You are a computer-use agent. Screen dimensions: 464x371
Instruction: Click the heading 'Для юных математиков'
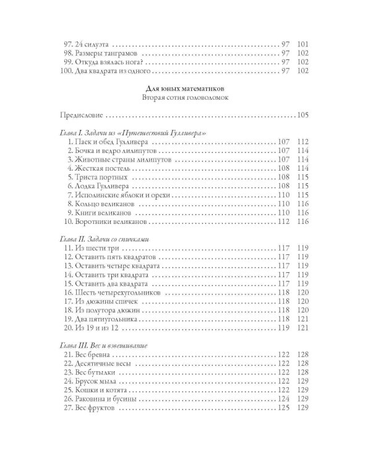coord(185,88)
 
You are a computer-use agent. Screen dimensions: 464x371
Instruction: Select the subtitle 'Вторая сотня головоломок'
coord(185,98)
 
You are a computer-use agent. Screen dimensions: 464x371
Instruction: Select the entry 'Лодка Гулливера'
coord(97,185)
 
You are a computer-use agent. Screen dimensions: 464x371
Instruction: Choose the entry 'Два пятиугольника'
coord(102,314)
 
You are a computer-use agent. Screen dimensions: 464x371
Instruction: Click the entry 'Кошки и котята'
coord(96,390)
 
